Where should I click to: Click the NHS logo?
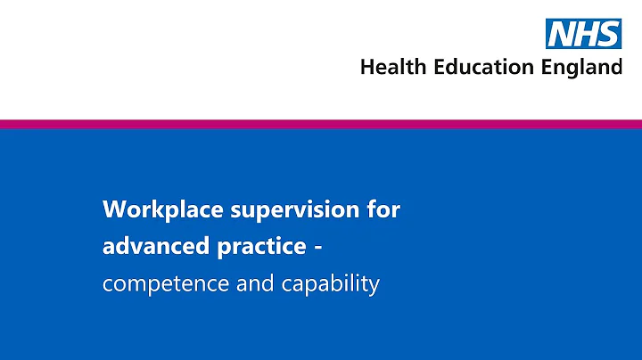584,33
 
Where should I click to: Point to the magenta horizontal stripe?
321,124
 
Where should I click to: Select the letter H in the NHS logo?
586,34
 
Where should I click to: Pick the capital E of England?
544,68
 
